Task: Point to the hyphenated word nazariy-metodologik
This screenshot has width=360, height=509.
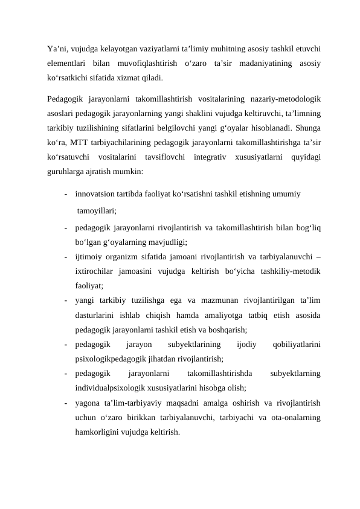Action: click(285, 99)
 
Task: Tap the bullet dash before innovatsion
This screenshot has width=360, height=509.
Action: click(64, 195)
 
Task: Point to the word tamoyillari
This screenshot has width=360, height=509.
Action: click(97, 211)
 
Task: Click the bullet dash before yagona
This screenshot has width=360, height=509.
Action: click(64, 403)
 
